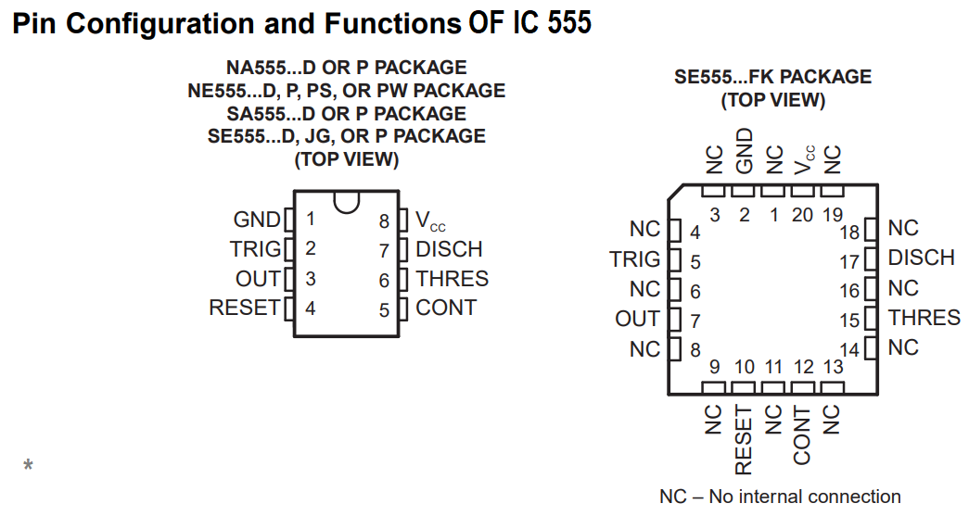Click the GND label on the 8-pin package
click(257, 220)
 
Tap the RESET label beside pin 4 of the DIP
click(244, 308)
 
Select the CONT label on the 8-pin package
click(445, 308)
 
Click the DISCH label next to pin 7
click(449, 249)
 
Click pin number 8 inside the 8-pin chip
click(384, 221)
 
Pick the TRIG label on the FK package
click(634, 259)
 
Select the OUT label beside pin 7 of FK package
click(637, 319)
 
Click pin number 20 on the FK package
click(802, 215)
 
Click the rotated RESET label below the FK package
click(744, 439)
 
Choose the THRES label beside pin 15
click(924, 318)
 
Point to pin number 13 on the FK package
click(833, 367)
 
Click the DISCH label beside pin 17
click(921, 258)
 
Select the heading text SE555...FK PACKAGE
click(772, 77)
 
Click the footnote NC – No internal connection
click(780, 497)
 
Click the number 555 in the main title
click(566, 23)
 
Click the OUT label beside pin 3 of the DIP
click(258, 279)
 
